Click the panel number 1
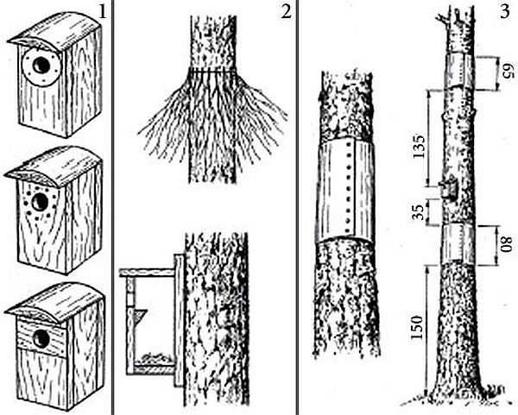click(x=103, y=12)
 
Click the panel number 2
click(x=286, y=12)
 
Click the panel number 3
click(x=505, y=12)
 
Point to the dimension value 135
click(x=420, y=147)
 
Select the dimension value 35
click(x=419, y=212)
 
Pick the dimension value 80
click(x=506, y=244)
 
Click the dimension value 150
click(x=417, y=327)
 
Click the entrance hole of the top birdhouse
click(x=41, y=66)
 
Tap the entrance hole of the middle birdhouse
click(x=41, y=201)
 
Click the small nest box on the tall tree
click(x=448, y=187)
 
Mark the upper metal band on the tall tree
click(x=461, y=70)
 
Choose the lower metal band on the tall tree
click(x=458, y=243)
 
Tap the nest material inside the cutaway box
click(x=155, y=358)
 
